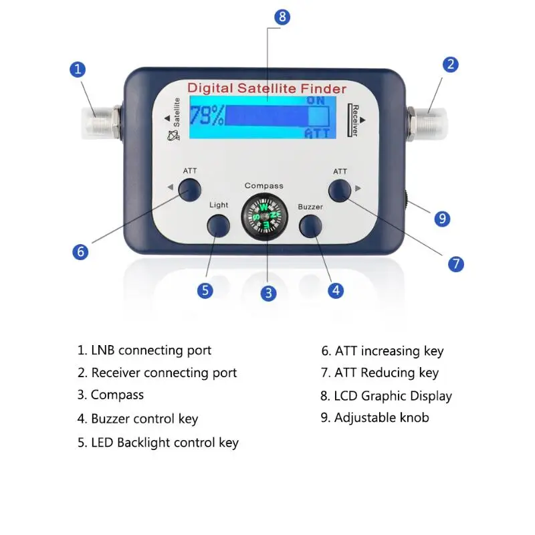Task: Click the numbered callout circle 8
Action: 282,17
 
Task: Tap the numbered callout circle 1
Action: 79,69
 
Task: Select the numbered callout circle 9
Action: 441,218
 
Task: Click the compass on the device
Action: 263,216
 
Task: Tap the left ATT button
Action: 190,190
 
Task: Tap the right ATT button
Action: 340,190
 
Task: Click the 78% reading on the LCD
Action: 206,116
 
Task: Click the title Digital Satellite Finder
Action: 266,88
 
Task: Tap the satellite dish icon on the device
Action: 173,136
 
